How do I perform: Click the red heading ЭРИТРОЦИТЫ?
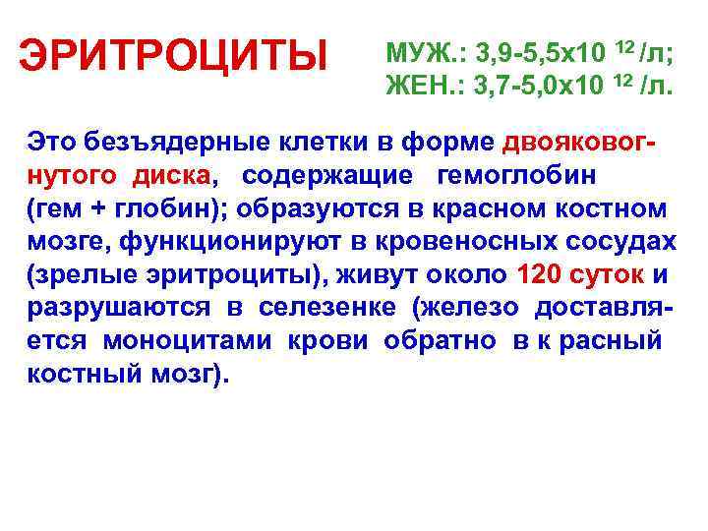click(175, 56)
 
